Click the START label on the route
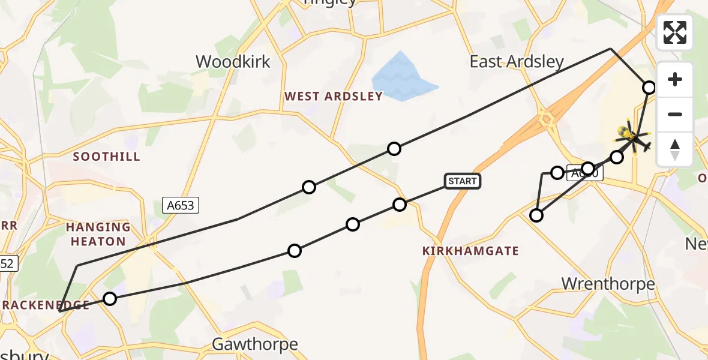click(x=463, y=181)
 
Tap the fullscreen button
click(x=675, y=32)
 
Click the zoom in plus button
click(x=675, y=79)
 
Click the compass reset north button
click(x=675, y=149)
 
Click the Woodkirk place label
click(x=233, y=61)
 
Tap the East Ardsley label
click(x=517, y=61)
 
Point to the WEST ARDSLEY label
click(x=333, y=96)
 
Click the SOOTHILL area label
click(x=106, y=157)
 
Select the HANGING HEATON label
click(x=98, y=234)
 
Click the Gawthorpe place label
click(x=255, y=344)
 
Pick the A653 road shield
click(x=181, y=206)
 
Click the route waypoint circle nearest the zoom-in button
click(x=649, y=88)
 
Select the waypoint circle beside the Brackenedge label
click(x=109, y=298)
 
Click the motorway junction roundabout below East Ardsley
click(x=547, y=118)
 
